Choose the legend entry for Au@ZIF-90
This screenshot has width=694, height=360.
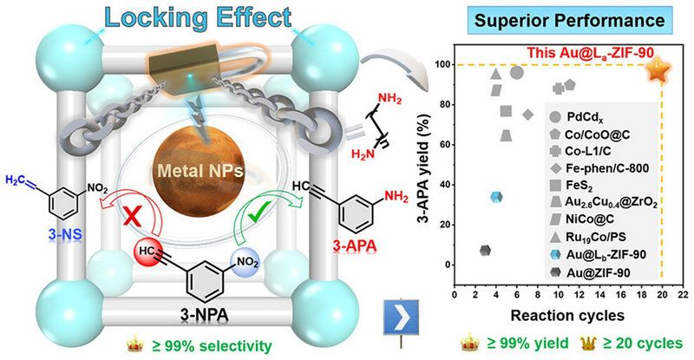tap(603, 272)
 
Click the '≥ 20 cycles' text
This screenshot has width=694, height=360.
tap(637, 344)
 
